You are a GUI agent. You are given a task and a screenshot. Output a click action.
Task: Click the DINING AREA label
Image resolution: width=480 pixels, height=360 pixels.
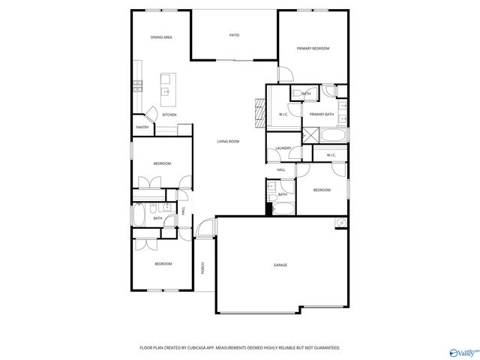coord(162,37)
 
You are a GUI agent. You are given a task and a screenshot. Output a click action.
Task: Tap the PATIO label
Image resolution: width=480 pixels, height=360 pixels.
coord(235,35)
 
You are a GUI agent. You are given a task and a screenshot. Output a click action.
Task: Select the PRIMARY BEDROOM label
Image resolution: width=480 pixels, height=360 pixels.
coord(313,48)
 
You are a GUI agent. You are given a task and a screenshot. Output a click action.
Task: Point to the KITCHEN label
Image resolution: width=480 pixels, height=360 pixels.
coord(169,115)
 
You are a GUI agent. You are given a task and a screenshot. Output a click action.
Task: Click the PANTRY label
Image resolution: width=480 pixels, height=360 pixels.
coord(142,127)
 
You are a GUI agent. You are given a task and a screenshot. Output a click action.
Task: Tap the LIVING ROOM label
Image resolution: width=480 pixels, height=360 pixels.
coord(228,142)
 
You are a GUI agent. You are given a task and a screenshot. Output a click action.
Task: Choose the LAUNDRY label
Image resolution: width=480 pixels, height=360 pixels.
coord(283,148)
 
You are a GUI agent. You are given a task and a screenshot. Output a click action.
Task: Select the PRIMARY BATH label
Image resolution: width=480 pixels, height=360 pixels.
coord(322,114)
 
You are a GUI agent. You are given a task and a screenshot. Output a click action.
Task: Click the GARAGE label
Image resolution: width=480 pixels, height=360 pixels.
coord(280,265)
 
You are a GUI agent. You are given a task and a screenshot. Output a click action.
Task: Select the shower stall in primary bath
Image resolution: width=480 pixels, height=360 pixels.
coord(310,136)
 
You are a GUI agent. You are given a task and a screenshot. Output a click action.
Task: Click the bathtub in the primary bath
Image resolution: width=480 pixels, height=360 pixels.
coord(334,136)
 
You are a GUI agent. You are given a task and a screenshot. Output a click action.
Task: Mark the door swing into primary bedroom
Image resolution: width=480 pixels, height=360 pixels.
coord(284,74)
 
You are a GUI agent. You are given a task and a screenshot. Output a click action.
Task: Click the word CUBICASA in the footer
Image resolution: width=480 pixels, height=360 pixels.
coord(202,348)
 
